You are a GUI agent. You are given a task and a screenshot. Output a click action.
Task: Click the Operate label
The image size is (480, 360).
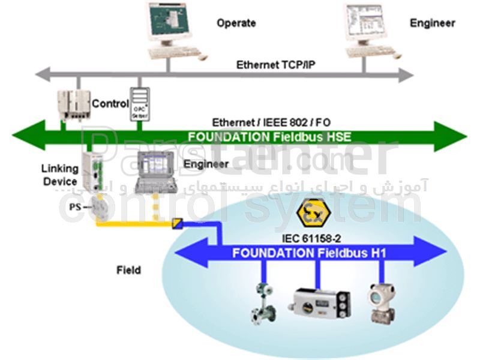[x=236, y=23]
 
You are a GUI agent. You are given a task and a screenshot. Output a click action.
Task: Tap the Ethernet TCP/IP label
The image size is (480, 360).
[x=275, y=64]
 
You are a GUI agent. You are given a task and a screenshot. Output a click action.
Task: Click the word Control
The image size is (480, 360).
[x=110, y=103]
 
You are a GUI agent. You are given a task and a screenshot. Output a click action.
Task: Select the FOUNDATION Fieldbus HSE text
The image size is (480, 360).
[x=269, y=136]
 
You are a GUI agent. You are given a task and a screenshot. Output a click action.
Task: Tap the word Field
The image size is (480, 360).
[x=128, y=270]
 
